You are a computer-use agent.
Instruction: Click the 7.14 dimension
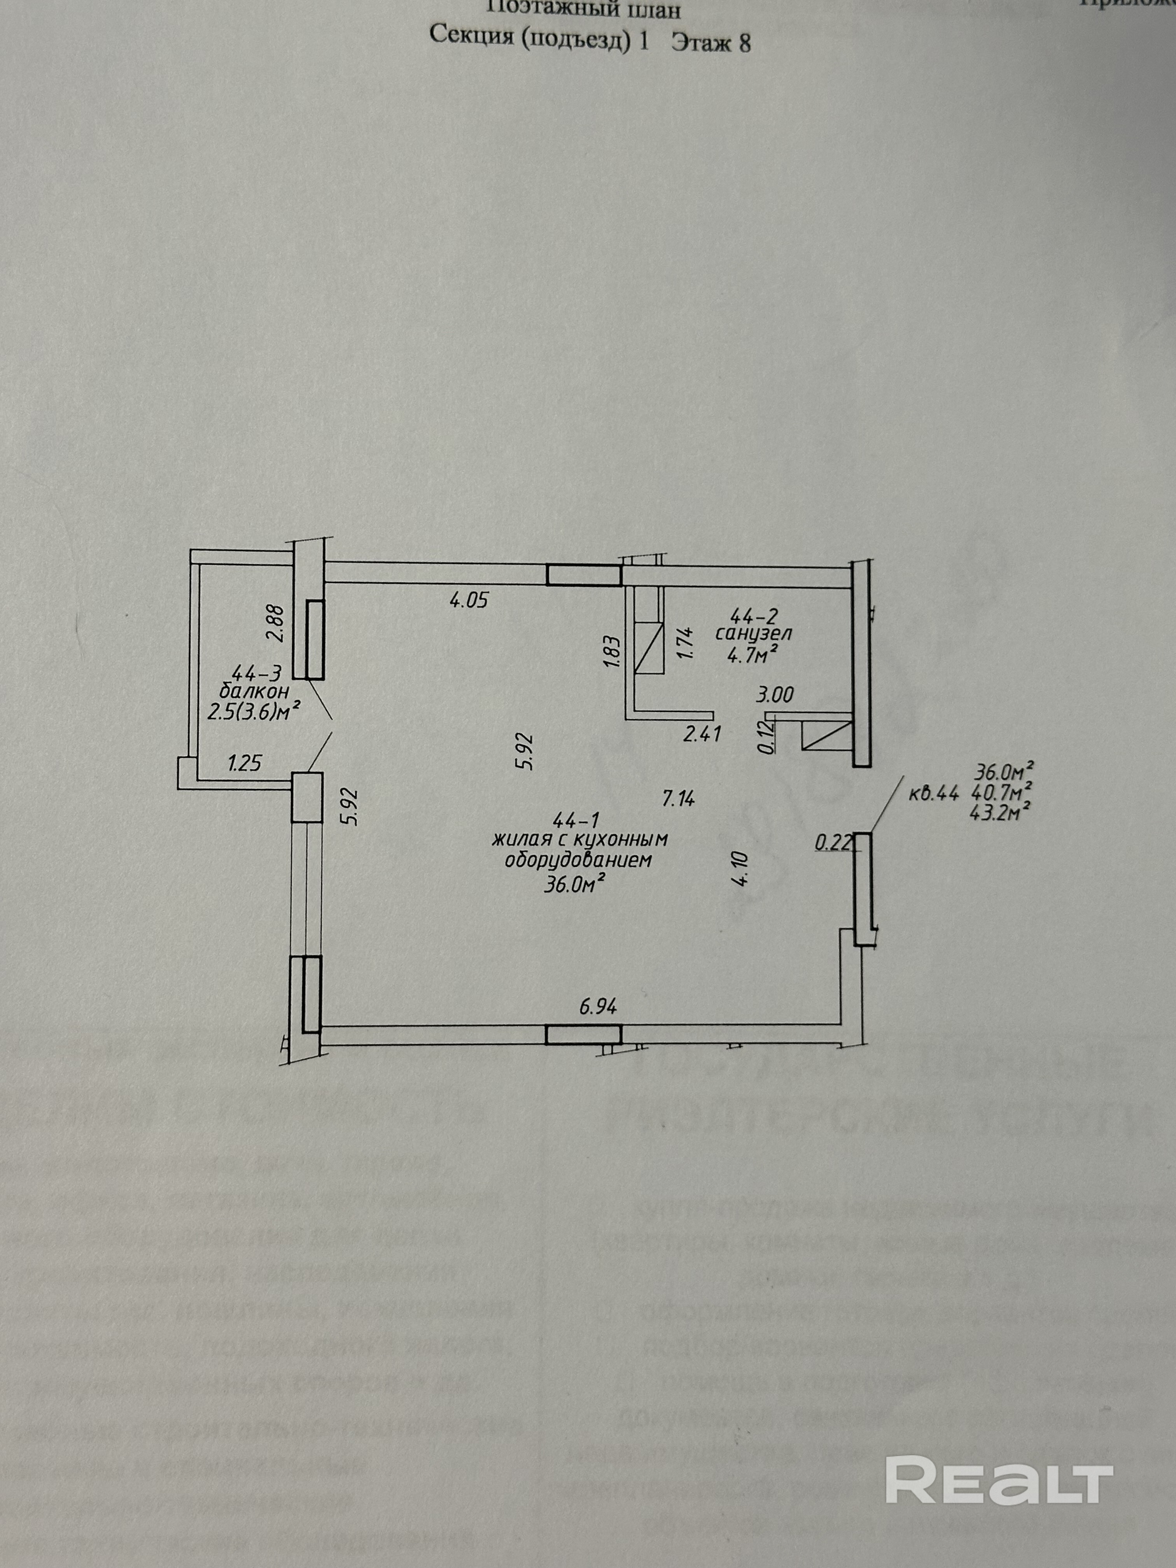click(x=678, y=799)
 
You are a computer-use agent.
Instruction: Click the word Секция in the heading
click(x=471, y=35)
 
